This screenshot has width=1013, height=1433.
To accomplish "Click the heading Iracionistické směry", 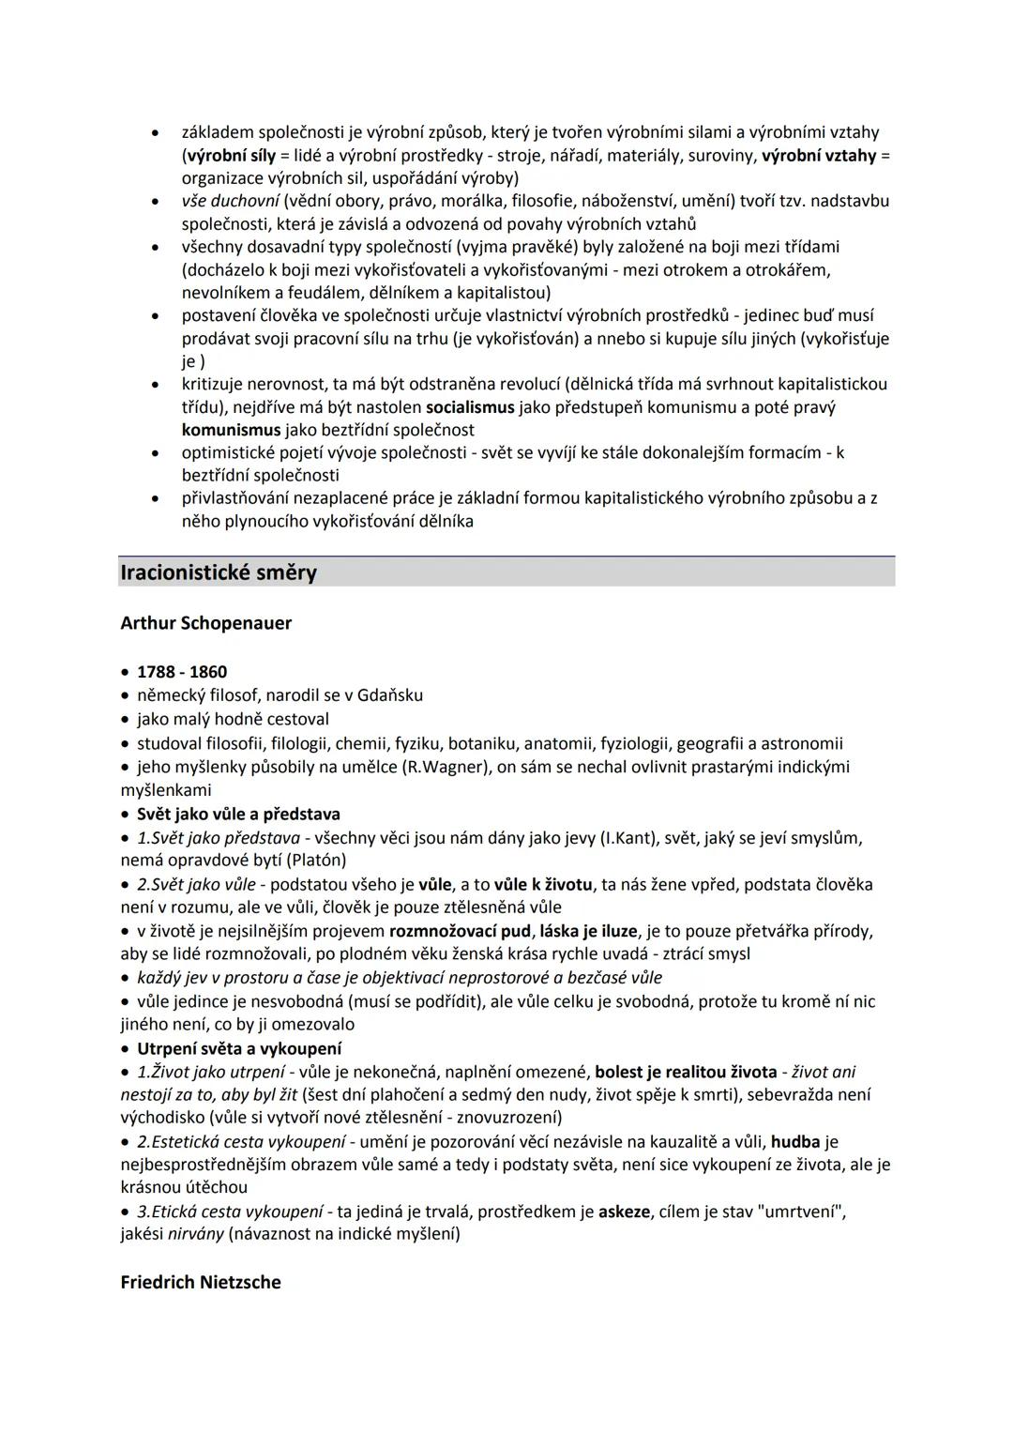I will coord(219,572).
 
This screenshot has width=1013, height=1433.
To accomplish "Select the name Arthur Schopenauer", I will coord(205,623).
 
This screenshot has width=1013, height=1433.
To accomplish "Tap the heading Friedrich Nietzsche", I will coord(200,1282).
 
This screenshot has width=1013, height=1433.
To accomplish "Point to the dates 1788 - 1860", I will coord(182,672).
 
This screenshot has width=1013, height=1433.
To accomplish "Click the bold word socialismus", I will coord(470,407).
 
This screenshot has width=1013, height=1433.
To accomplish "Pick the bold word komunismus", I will coord(231,430).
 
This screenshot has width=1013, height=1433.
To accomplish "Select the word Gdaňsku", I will coord(390,695).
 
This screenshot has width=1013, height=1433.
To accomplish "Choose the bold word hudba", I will coord(795,1142).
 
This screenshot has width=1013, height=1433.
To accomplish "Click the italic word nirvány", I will coord(195,1234).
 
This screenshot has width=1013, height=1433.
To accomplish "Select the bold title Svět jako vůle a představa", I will coord(238,814).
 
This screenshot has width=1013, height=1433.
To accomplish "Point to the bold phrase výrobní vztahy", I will coord(819,155).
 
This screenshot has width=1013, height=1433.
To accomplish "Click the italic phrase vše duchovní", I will coord(230,201).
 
